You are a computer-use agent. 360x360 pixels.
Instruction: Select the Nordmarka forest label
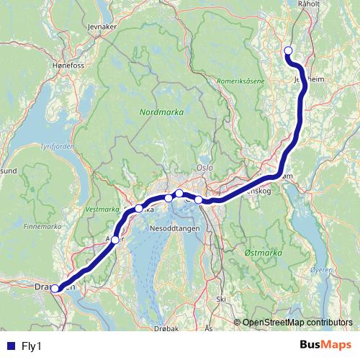tap(161, 113)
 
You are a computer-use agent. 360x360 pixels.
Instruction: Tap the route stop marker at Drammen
tap(55, 289)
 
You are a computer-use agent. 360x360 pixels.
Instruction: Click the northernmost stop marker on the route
tap(288, 50)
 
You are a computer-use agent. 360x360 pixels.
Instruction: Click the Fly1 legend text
tap(32, 346)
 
